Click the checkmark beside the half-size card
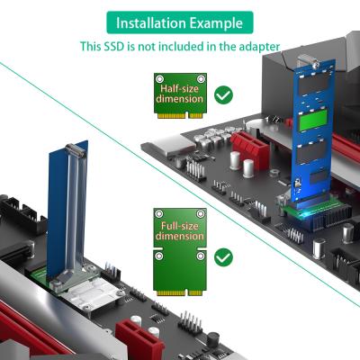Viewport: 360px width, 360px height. tap(224, 94)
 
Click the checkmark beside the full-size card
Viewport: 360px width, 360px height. tap(224, 257)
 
